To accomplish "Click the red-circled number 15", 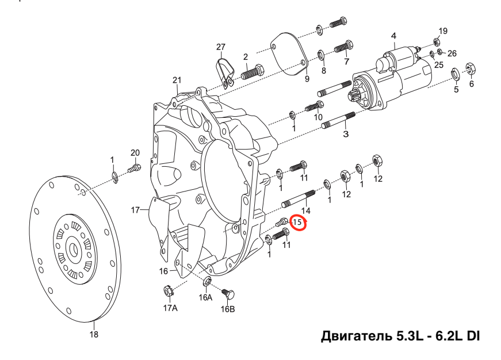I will [299, 222].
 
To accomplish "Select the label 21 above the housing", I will [177, 80].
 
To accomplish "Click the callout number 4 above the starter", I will [393, 36].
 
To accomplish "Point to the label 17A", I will [171, 308].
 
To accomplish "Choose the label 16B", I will [228, 309].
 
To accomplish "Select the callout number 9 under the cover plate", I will [307, 78].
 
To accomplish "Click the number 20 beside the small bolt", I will [135, 152].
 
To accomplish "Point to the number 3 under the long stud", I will [346, 134].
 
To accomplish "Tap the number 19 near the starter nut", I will [443, 30].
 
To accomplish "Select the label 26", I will [452, 53].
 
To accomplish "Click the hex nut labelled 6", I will [470, 68].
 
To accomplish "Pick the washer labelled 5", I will [454, 73].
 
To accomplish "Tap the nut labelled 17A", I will [169, 292].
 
